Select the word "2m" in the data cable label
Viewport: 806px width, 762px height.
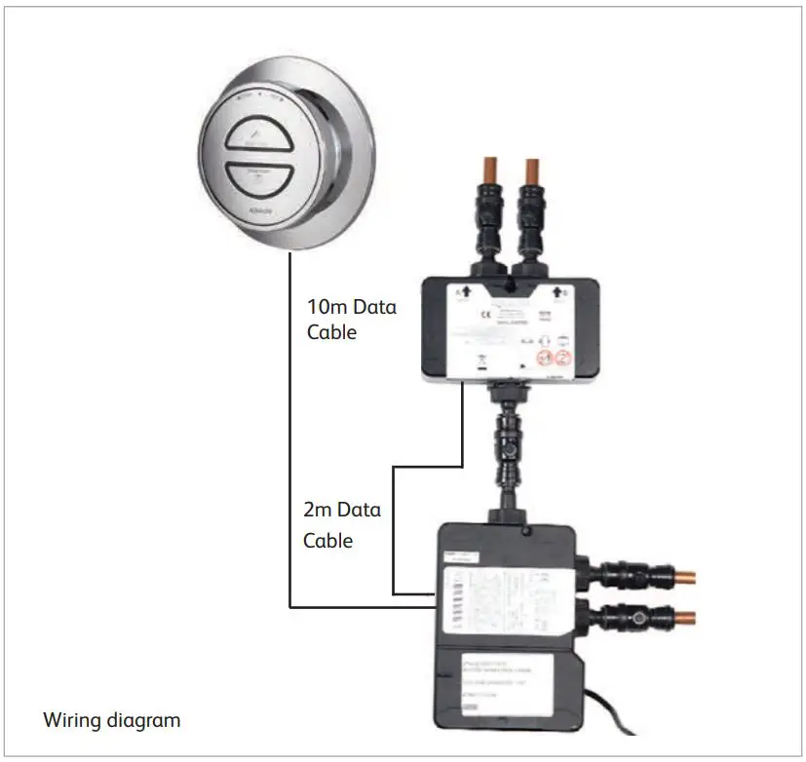[320, 509]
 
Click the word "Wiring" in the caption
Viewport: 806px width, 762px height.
[73, 721]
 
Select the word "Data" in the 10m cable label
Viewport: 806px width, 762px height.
[374, 306]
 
